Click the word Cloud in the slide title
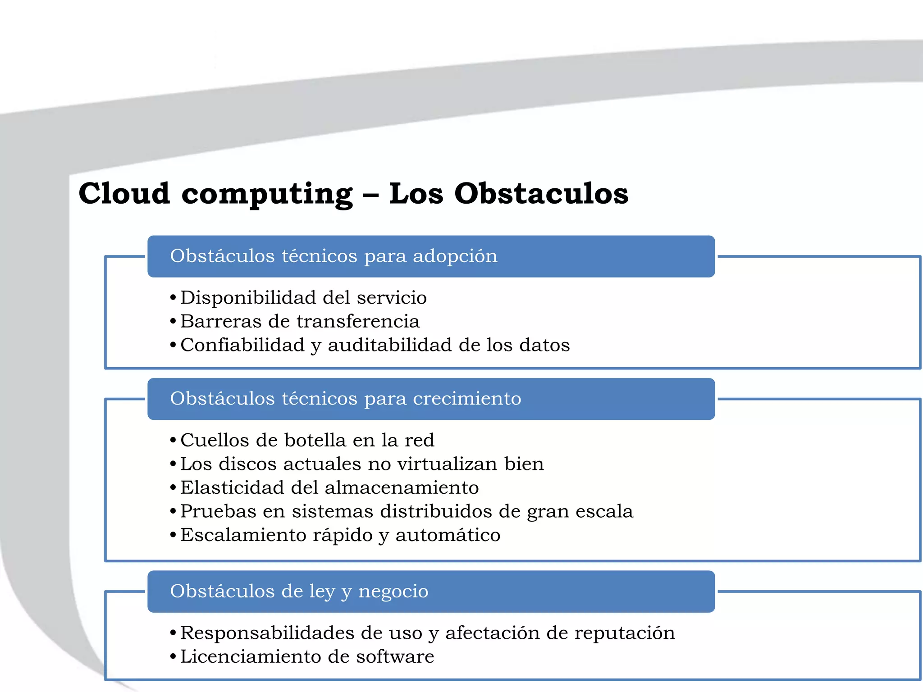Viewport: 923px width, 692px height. pos(124,194)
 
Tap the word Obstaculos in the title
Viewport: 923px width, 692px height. pos(541,194)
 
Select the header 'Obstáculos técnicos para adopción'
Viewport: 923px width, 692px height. pos(334,256)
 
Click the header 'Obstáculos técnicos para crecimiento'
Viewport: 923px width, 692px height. pos(345,399)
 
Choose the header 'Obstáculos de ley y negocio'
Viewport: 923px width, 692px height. pos(299,591)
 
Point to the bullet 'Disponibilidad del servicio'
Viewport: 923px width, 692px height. pos(303,298)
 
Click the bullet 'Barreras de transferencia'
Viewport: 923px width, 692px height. pos(300,322)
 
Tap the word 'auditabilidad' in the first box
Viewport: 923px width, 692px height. pos(390,346)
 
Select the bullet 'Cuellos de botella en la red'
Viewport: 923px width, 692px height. pos(307,440)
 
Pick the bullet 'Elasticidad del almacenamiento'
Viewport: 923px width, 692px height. pos(329,488)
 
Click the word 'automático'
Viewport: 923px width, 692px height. pos(448,535)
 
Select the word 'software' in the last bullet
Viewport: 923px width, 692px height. pos(395,657)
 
